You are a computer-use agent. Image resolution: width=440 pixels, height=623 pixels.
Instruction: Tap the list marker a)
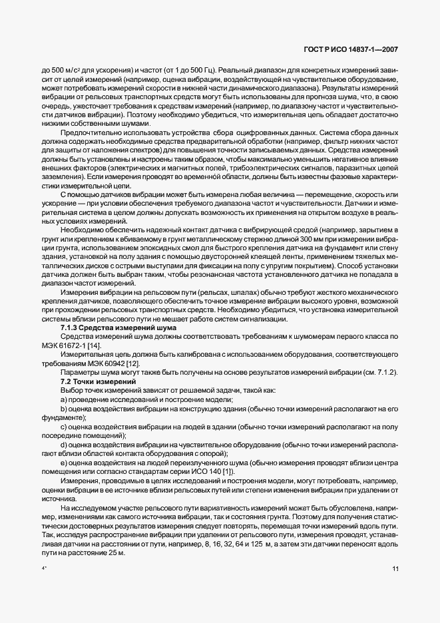point(64,399)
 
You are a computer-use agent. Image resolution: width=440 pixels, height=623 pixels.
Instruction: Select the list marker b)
point(64,408)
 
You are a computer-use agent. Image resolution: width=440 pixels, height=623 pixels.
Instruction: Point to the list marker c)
point(64,426)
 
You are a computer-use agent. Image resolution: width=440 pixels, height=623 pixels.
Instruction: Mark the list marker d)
point(64,444)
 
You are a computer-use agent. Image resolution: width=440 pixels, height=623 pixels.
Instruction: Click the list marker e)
point(64,462)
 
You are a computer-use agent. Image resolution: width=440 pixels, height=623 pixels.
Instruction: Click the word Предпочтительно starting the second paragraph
point(89,132)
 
